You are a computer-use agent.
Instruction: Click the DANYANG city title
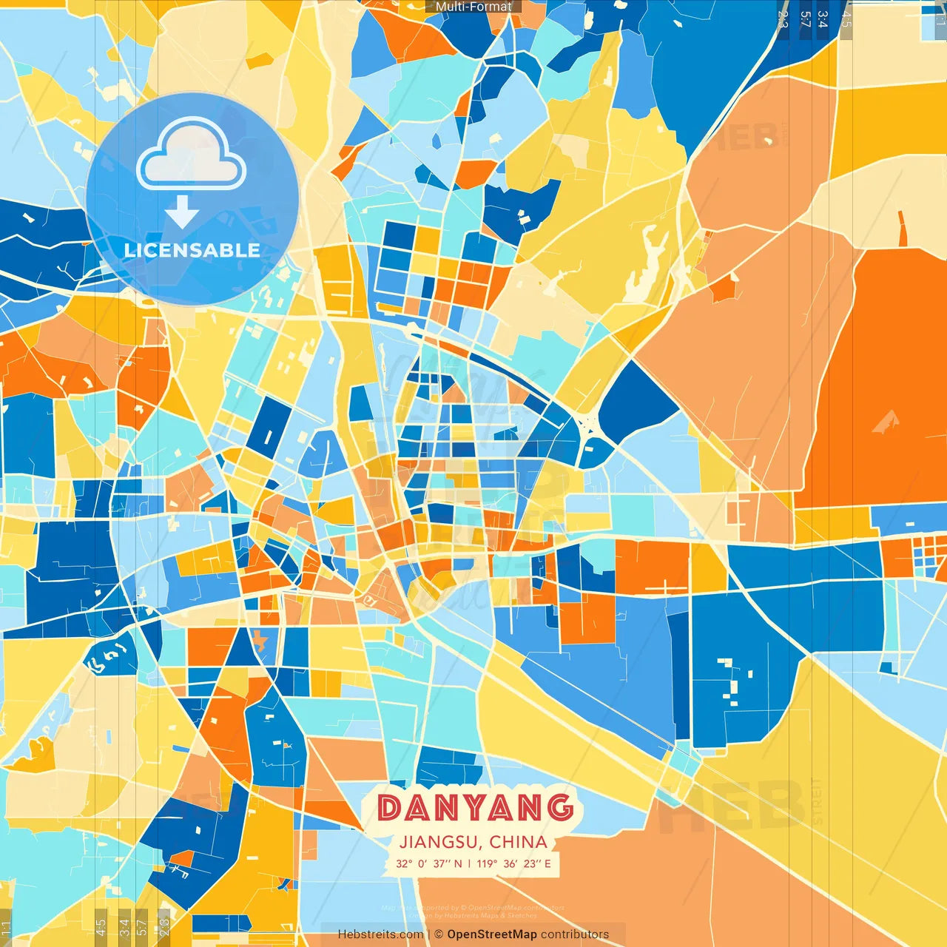[x=476, y=808]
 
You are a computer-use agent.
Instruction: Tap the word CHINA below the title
[x=518, y=842]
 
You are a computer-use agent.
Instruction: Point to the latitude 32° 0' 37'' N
[x=428, y=863]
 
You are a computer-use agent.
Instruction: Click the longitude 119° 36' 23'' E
[x=513, y=863]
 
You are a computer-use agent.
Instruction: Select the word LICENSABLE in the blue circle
[x=192, y=250]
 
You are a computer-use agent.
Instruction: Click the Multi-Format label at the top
[x=473, y=7]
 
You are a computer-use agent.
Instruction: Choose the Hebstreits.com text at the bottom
[x=380, y=934]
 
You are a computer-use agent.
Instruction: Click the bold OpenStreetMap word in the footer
[x=492, y=934]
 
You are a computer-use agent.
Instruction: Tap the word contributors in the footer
[x=575, y=934]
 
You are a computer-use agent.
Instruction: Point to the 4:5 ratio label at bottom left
[x=101, y=927]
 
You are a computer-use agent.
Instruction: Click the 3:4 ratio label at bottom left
[x=124, y=927]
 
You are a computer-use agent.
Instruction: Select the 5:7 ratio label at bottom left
[x=142, y=927]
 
